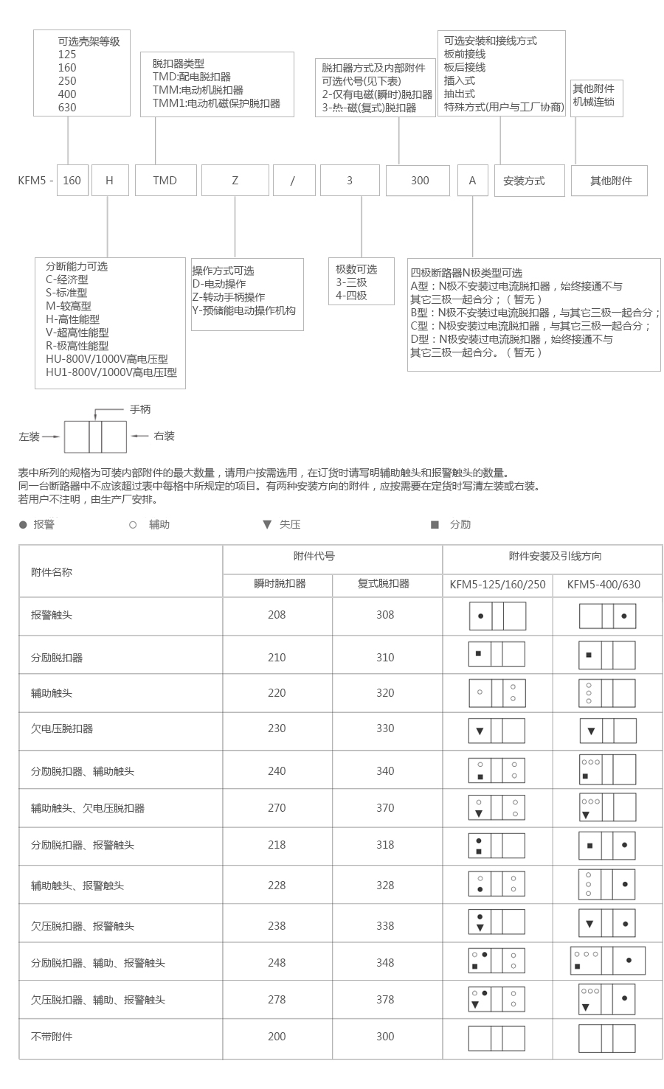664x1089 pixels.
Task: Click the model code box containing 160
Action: point(72,181)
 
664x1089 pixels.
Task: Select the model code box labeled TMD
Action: point(165,181)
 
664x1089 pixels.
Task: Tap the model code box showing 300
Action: point(419,181)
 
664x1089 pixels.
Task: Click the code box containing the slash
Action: point(293,181)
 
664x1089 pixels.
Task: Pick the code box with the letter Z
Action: point(235,181)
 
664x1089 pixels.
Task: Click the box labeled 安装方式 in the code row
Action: point(524,181)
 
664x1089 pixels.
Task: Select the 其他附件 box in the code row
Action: point(610,181)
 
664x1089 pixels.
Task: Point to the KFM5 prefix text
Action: point(32,181)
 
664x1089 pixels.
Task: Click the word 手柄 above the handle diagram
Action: point(140,409)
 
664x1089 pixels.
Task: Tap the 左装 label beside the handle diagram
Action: point(30,436)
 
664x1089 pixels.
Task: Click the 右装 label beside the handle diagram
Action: point(164,436)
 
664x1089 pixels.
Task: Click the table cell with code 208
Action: point(277,615)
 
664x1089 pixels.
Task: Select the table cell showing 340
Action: point(385,771)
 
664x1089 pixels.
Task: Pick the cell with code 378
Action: point(385,1000)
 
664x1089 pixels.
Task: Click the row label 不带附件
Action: point(52,1037)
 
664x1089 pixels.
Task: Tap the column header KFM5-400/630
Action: point(604,585)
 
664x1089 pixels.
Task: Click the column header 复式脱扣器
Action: point(384,583)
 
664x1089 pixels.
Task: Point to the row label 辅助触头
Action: point(52,693)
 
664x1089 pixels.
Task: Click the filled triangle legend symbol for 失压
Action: point(267,525)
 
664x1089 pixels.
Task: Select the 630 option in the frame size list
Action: point(67,108)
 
